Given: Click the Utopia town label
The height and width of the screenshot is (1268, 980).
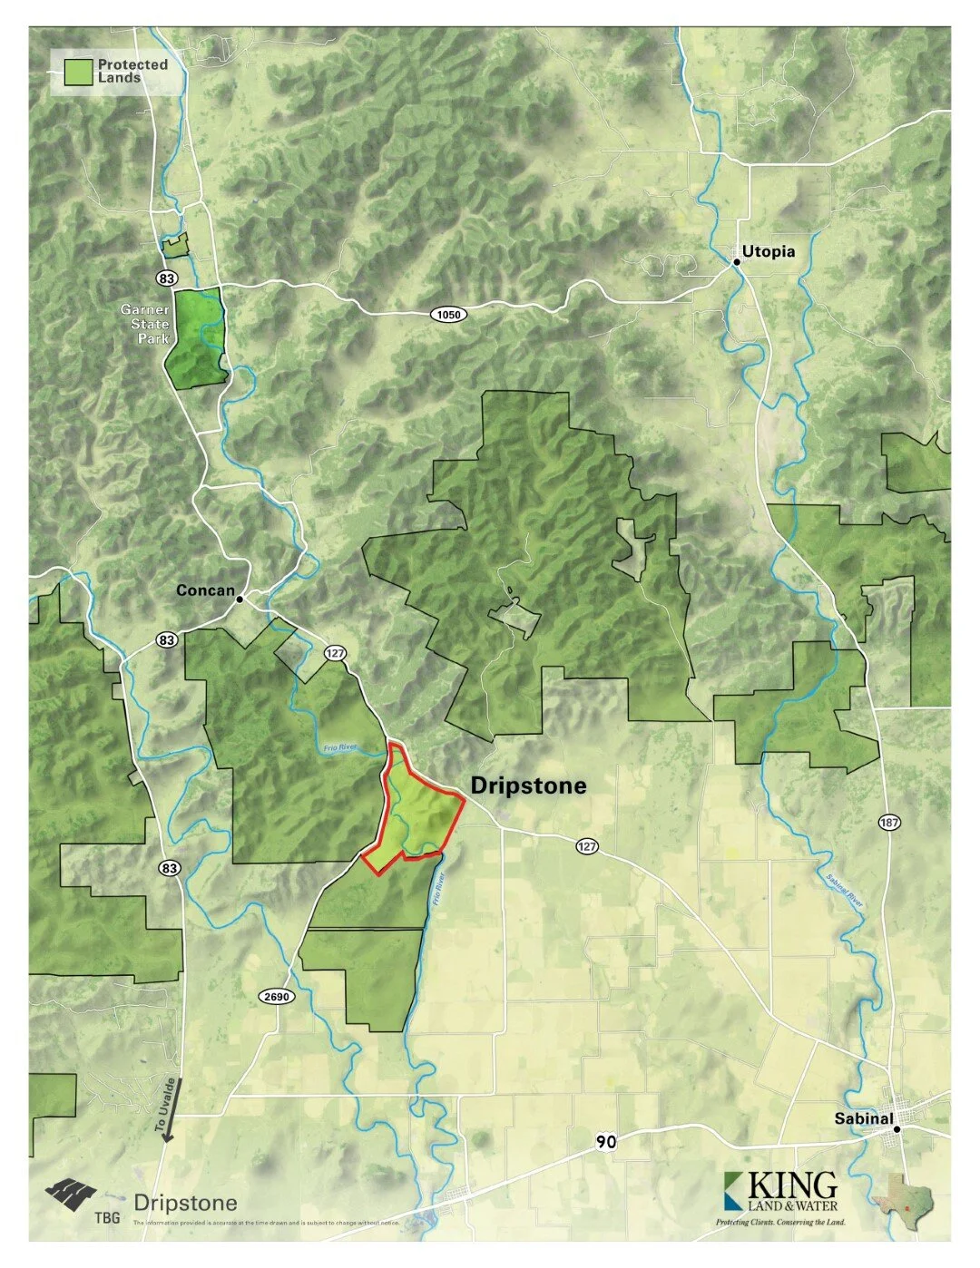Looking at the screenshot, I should (x=768, y=251).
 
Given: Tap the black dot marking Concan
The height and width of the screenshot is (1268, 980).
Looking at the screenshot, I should (x=240, y=599).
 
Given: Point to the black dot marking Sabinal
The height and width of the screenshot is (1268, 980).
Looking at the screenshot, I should (x=897, y=1129).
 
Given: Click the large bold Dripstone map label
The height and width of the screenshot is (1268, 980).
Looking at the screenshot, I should (x=528, y=785).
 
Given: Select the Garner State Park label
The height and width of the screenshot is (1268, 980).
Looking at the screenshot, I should (x=146, y=324).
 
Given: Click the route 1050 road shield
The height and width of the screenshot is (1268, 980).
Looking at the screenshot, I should (x=448, y=315).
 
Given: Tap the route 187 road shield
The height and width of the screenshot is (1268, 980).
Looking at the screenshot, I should (x=889, y=823).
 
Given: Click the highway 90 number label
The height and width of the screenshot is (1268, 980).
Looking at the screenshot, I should (x=606, y=1142).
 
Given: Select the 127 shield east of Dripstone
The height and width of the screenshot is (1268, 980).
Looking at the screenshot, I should (x=587, y=846).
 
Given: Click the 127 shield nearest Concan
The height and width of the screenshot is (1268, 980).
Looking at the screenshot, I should (x=335, y=653).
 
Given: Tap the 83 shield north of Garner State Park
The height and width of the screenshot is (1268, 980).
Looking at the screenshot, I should (x=166, y=278).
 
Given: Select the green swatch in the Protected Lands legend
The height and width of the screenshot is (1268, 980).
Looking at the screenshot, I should (x=79, y=72).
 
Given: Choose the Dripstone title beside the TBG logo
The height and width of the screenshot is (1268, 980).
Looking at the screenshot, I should (x=185, y=1204).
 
